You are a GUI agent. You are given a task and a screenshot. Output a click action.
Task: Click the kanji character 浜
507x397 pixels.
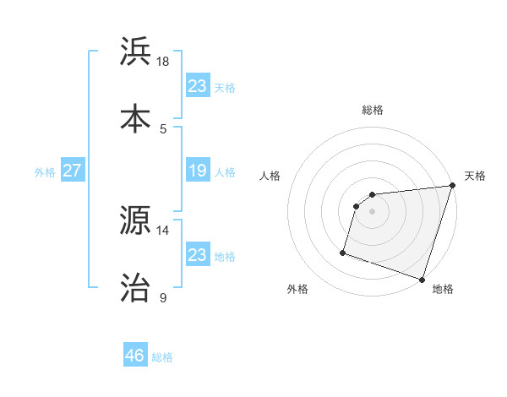(x=136, y=52)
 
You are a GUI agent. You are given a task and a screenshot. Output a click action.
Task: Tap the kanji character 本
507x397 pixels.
(x=136, y=118)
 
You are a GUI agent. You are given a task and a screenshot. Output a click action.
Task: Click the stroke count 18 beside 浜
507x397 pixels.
(x=163, y=62)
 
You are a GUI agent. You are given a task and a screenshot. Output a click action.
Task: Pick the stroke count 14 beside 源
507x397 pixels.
(x=163, y=230)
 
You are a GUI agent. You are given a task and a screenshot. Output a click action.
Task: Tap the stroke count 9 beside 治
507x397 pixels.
(x=163, y=297)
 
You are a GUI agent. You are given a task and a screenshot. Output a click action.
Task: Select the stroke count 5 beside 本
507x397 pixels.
(x=163, y=128)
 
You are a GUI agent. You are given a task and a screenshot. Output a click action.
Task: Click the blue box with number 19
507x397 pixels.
(x=197, y=171)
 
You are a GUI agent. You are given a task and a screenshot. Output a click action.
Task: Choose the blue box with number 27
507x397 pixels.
(x=72, y=171)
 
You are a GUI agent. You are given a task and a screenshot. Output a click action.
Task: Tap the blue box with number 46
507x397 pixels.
(x=134, y=356)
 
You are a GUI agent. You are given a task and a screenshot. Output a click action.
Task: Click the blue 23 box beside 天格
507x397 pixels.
(x=197, y=86)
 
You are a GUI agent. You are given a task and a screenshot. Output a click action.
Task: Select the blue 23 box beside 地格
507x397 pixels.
(x=197, y=255)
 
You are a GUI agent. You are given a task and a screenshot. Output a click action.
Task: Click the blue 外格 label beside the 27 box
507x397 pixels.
(x=45, y=171)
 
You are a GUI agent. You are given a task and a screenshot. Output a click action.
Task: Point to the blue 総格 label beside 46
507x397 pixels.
(x=162, y=356)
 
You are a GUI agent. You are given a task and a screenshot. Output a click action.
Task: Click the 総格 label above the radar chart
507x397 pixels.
(x=373, y=110)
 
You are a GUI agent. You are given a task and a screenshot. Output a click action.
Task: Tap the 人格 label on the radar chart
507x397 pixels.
(x=270, y=176)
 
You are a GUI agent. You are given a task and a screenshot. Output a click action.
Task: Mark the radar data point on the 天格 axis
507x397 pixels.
(x=452, y=186)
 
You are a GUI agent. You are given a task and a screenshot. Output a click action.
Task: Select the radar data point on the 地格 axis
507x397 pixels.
(x=422, y=279)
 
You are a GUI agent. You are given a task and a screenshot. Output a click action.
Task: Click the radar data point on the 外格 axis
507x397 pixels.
(x=343, y=252)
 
